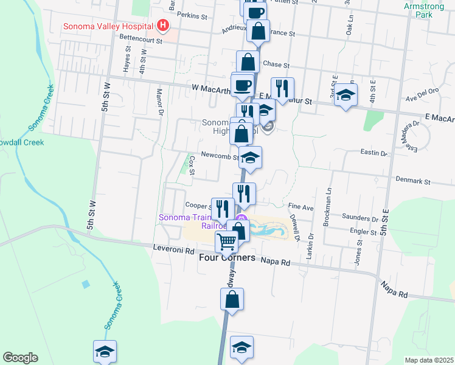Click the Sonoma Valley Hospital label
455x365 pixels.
[x=109, y=27]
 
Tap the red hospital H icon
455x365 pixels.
[x=162, y=26]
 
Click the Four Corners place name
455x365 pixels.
[x=227, y=258]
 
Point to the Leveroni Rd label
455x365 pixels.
[x=173, y=250]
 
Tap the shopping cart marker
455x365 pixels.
[x=226, y=242]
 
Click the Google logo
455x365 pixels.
[x=20, y=358]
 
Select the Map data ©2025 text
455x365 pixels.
[x=429, y=360]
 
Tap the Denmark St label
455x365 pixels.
[x=412, y=181]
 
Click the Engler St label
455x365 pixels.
[x=364, y=231]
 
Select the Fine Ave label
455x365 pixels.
[x=300, y=207]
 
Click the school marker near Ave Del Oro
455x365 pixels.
[x=346, y=96]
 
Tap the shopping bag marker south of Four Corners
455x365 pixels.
[x=232, y=299]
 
